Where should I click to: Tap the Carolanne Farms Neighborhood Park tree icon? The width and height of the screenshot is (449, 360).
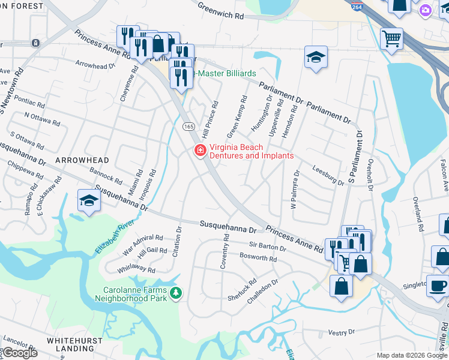(x=176, y=293)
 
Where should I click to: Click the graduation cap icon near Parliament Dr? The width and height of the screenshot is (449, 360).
(x=316, y=57)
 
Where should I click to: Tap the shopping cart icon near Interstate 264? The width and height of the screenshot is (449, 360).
(x=391, y=39)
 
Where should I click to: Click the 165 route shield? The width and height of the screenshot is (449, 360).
(x=188, y=127)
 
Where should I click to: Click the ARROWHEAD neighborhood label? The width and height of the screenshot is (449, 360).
(x=82, y=160)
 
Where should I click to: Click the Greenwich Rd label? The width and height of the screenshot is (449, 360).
(x=222, y=10)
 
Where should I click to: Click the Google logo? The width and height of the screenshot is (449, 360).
(x=20, y=353)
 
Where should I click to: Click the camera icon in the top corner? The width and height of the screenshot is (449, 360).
(x=426, y=10)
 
